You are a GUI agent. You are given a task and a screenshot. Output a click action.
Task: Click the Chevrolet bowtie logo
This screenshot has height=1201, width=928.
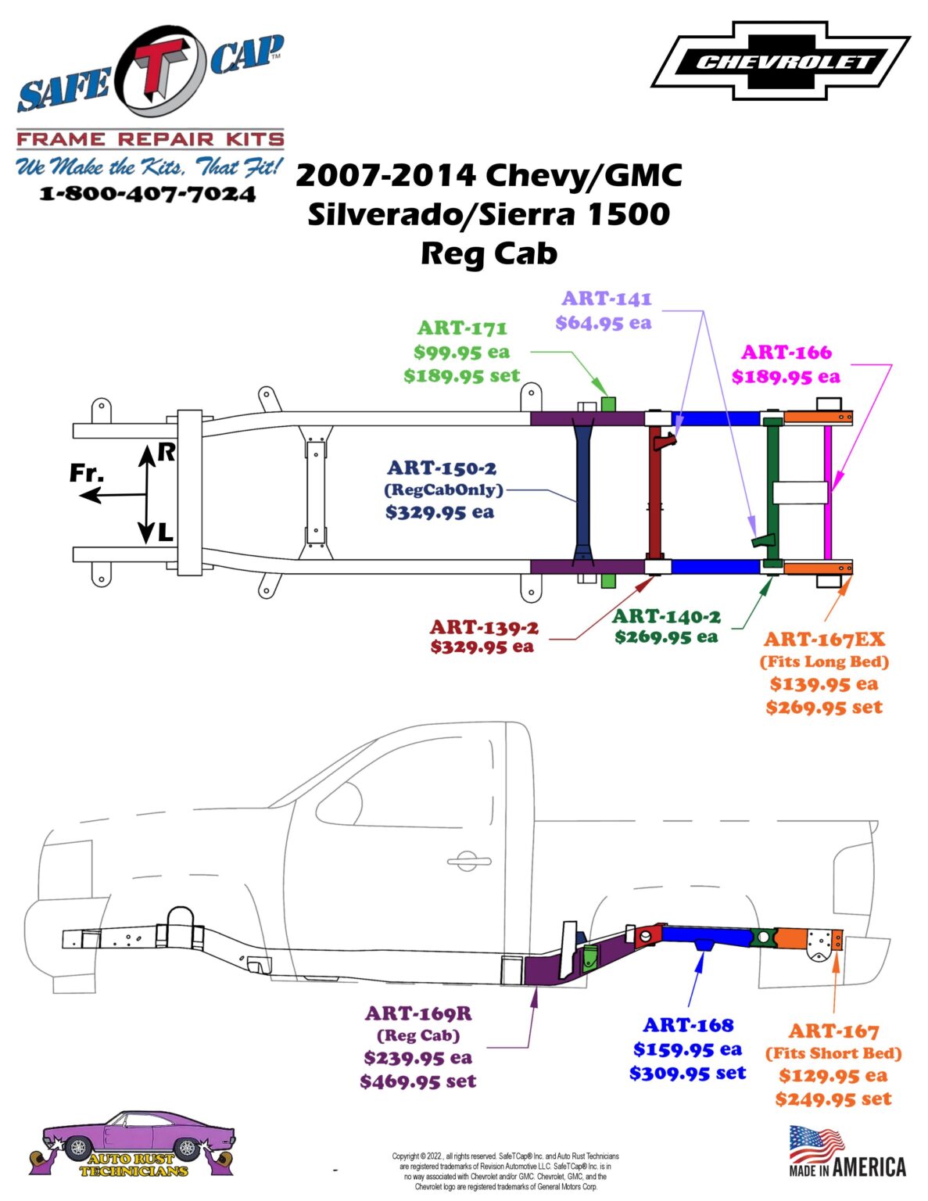click(780, 61)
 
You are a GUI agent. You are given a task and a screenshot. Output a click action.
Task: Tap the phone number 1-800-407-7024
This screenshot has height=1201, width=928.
click(148, 194)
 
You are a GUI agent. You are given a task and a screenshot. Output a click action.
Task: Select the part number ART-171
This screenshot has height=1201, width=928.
click(462, 328)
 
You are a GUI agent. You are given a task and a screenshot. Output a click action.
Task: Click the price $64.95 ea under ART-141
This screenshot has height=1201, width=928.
click(603, 323)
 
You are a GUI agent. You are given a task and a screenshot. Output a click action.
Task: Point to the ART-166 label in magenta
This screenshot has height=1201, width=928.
click(786, 353)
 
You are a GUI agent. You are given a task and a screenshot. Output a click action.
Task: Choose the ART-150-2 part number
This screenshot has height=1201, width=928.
click(442, 468)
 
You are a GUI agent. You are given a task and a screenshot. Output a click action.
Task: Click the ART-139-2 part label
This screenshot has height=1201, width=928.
click(484, 627)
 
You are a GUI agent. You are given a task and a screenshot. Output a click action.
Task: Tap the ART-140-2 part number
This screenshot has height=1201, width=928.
click(666, 616)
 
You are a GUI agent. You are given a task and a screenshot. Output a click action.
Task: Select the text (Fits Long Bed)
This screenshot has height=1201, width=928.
click(824, 661)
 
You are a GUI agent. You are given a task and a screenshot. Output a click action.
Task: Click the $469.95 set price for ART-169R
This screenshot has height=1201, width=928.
click(417, 1081)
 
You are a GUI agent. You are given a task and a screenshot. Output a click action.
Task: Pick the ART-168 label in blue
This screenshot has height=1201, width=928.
click(688, 1025)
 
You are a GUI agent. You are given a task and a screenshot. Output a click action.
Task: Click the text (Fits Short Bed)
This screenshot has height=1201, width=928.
click(833, 1053)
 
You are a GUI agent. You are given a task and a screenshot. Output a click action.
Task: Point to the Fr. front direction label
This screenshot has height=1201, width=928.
click(86, 473)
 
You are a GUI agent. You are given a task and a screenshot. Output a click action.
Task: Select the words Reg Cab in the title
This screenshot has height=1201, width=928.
click(489, 253)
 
